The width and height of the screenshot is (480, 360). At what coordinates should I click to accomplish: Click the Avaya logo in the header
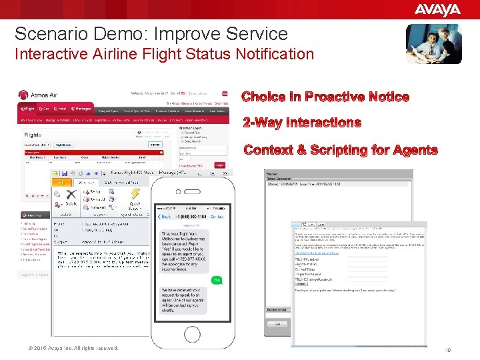tap(437, 9)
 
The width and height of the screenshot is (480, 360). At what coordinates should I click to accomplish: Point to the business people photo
tap(433, 43)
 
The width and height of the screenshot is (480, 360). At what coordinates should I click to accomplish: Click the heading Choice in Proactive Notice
tap(325, 97)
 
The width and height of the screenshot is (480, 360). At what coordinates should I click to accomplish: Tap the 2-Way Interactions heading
tap(302, 123)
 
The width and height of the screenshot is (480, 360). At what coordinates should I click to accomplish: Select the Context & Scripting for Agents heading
tap(341, 150)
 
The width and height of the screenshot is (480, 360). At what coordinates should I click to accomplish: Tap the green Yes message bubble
tap(216, 280)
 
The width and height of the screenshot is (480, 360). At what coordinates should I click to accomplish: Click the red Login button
tap(219, 165)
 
